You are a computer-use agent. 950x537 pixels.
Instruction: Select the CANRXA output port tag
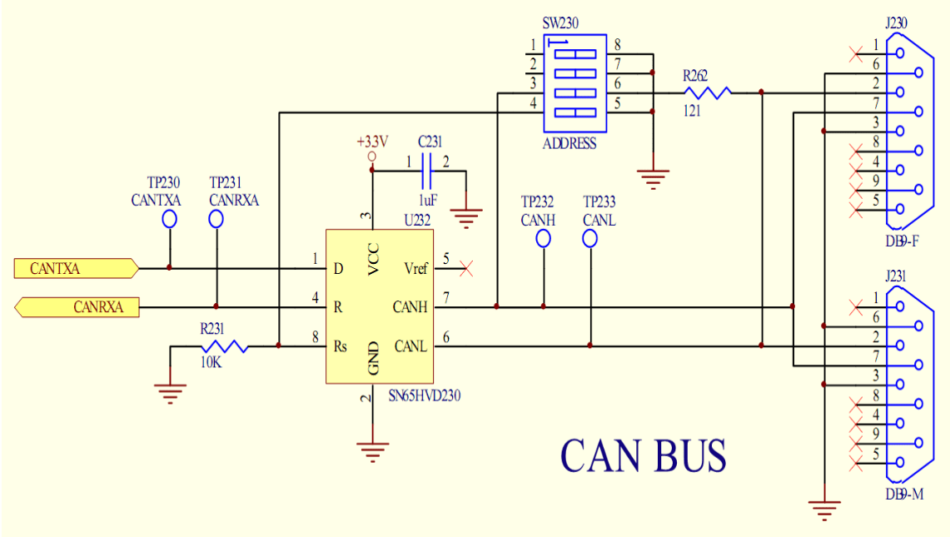click(x=76, y=307)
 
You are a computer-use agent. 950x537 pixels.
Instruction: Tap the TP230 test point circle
click(x=170, y=219)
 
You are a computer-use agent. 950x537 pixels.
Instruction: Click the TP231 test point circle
click(x=216, y=219)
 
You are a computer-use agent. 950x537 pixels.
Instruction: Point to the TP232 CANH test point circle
click(x=544, y=239)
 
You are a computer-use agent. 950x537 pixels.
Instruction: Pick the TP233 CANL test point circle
click(x=590, y=239)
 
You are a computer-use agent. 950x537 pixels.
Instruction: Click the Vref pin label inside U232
click(x=415, y=268)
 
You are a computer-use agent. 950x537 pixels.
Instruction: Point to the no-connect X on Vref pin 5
click(x=466, y=268)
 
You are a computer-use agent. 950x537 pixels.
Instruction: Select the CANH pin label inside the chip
click(x=410, y=307)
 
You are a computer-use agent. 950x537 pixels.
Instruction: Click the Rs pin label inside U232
click(x=341, y=346)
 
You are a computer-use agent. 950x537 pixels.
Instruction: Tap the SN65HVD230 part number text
click(x=425, y=396)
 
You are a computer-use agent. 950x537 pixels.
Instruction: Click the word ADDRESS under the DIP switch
click(x=570, y=143)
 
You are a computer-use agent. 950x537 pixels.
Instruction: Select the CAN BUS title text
click(x=643, y=455)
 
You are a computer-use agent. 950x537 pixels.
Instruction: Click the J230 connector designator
click(x=897, y=22)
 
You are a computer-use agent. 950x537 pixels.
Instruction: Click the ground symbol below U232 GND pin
click(x=373, y=453)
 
